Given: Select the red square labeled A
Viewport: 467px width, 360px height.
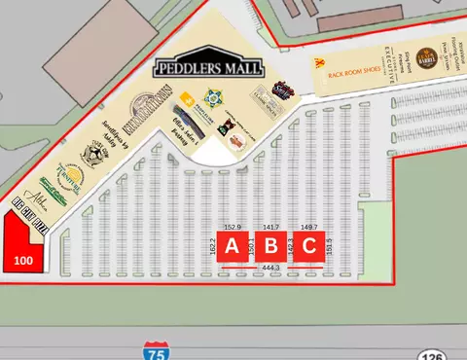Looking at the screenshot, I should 233,247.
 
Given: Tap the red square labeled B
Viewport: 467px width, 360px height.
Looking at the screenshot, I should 271,247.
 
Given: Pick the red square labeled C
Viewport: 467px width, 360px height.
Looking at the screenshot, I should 308,247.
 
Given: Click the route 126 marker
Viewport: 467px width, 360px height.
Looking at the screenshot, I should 433,354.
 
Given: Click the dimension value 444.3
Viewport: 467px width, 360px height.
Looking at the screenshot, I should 270,268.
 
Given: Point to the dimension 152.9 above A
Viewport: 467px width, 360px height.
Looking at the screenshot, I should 233,227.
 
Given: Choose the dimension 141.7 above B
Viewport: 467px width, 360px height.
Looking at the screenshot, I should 271,227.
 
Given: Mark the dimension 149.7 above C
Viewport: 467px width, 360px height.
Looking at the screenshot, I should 309,227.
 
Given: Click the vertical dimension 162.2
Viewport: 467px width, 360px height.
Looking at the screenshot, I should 213,247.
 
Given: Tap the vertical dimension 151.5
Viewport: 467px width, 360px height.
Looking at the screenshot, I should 330,246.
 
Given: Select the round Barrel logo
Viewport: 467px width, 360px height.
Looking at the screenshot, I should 425,57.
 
